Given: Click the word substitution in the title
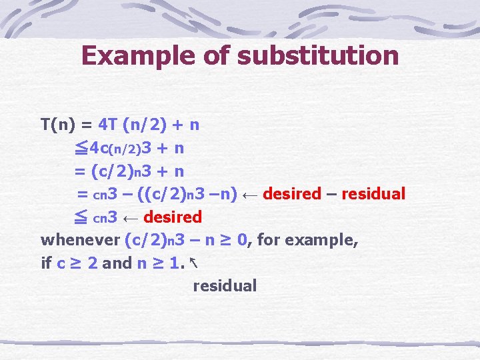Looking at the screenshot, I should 317,55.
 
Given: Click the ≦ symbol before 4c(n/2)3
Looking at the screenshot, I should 81,147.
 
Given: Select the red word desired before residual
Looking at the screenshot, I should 292,194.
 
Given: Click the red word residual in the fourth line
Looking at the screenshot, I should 373,194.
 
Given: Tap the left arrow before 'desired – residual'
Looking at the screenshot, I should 251,194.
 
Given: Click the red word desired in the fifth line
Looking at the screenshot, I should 172,217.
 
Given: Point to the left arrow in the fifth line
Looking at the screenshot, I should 131,217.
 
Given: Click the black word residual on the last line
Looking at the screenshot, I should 225,286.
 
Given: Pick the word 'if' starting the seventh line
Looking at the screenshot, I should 46,263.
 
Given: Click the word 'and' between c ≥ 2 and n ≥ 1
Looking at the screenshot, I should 117,263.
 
